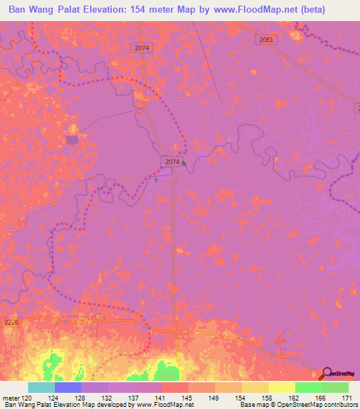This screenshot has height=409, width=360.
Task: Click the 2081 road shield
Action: click(265, 41)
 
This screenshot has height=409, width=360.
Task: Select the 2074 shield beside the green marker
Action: click(172, 162)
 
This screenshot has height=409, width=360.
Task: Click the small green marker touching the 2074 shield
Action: click(184, 164)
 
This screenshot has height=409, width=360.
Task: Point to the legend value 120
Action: click(27, 397)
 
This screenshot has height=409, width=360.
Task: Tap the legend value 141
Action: click(162, 397)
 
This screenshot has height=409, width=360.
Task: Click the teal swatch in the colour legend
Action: click(41, 387)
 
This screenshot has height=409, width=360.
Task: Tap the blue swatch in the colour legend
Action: click(67, 387)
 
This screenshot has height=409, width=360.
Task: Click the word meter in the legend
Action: click(10, 397)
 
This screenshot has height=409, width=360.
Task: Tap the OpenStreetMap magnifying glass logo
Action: click(327, 373)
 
